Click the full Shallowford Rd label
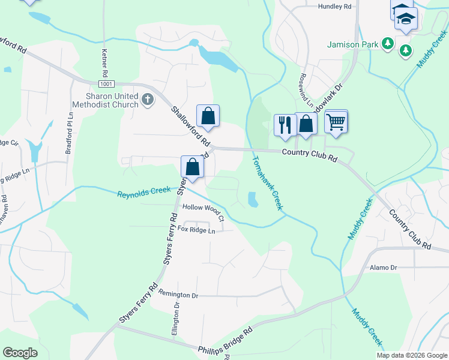(x=191, y=127)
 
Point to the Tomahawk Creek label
(x=267, y=183)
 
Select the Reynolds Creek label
(x=141, y=194)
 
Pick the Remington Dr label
(x=178, y=295)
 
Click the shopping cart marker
(x=336, y=121)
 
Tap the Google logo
(x=20, y=353)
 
